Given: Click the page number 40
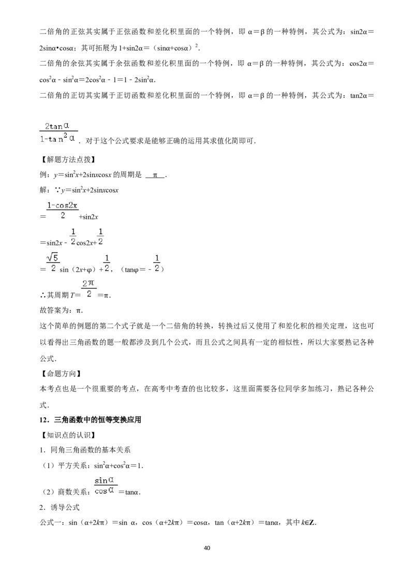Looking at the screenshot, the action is click(x=207, y=548).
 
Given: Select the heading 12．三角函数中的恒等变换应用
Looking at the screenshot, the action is click(x=91, y=420).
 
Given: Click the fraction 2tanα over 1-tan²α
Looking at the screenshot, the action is click(x=58, y=133).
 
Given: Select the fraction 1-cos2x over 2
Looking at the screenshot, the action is click(x=63, y=210).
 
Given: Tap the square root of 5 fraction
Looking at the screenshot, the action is click(x=53, y=262).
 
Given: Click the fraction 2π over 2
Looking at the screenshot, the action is click(x=89, y=288).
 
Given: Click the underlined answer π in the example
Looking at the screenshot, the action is click(x=155, y=175).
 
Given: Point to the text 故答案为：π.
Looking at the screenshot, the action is click(x=61, y=310).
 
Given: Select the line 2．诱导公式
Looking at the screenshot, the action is click(x=60, y=507).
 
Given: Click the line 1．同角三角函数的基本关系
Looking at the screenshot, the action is click(x=85, y=450).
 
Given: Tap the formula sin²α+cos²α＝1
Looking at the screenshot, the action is click(x=119, y=465).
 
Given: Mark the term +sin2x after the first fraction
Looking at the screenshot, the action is click(x=88, y=217).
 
